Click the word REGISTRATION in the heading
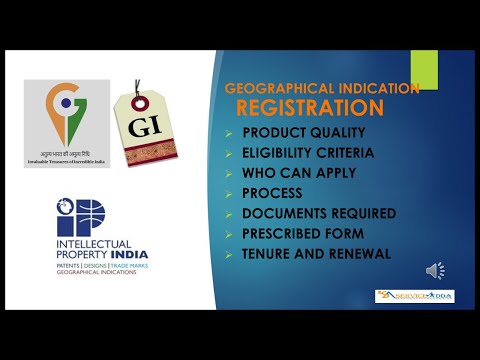click(309, 106)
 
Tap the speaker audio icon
click(436, 271)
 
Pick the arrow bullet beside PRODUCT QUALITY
click(229, 132)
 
